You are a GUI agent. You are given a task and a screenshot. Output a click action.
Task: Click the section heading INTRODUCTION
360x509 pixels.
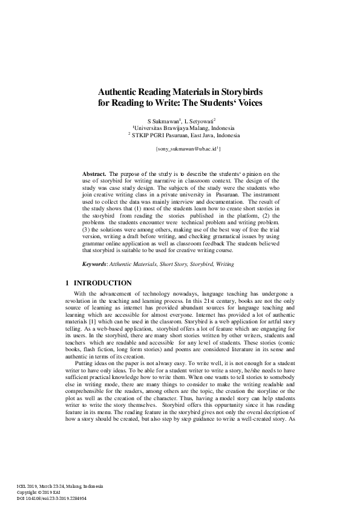click(x=102, y=283)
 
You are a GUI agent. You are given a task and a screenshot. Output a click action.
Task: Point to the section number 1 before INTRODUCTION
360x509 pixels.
click(x=66, y=283)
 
